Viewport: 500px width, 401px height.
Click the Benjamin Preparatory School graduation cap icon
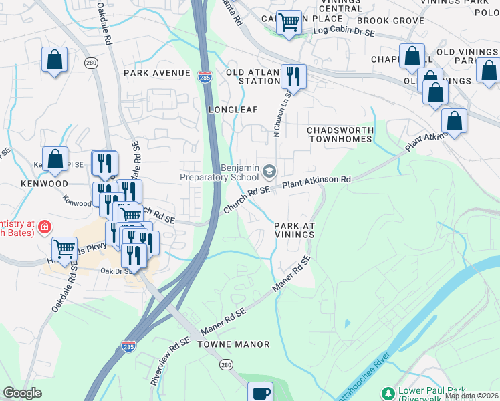(x=269, y=172)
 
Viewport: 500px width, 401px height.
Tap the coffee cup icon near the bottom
(x=260, y=392)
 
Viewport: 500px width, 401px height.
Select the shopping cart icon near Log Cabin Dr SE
(x=289, y=23)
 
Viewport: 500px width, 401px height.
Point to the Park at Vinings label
(x=294, y=230)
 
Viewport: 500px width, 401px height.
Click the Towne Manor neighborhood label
(x=233, y=344)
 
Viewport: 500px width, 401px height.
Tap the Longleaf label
(x=233, y=108)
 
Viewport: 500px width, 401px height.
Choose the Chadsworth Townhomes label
(x=339, y=134)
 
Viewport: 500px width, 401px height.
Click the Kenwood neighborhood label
(x=44, y=183)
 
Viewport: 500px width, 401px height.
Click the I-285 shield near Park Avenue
(x=205, y=77)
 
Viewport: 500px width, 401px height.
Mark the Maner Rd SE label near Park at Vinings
(x=291, y=275)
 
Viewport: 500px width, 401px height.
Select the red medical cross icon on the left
(x=45, y=227)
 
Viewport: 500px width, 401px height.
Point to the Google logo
(x=23, y=393)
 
